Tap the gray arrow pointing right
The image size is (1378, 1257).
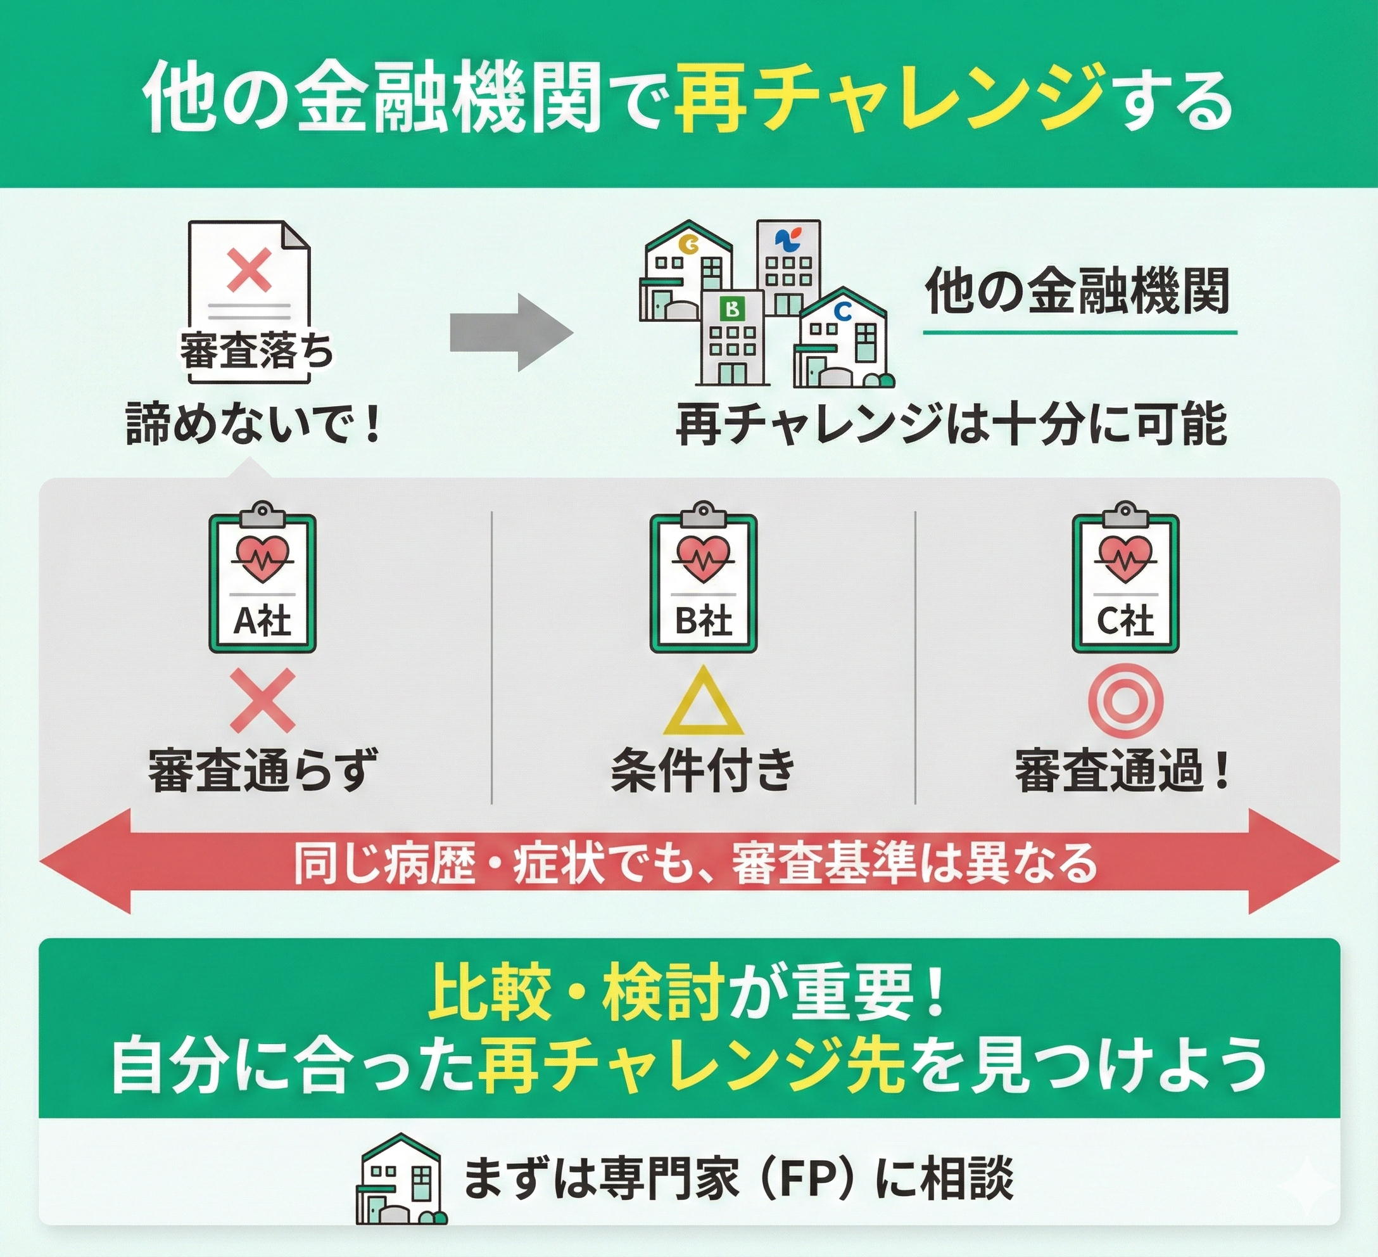point(510,333)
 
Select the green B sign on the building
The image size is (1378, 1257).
point(733,310)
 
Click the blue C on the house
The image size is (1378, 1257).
point(843,312)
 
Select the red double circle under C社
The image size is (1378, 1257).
point(1125,701)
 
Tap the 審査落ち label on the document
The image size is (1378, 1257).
point(257,352)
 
